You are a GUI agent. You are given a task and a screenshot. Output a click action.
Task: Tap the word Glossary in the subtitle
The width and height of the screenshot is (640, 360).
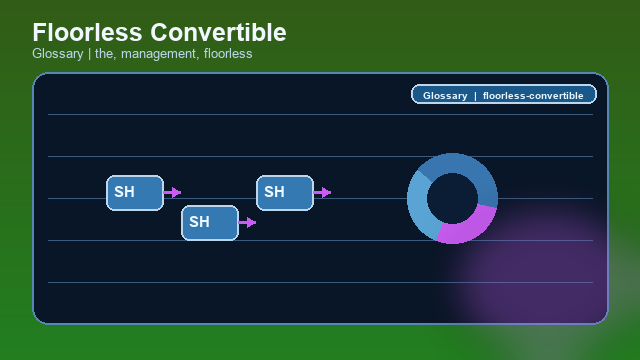pyautogui.click(x=58, y=54)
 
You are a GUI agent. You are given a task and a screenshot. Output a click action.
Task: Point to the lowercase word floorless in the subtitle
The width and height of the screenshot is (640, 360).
pyautogui.click(x=227, y=54)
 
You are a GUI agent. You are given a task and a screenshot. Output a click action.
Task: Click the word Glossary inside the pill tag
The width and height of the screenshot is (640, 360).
pyautogui.click(x=445, y=96)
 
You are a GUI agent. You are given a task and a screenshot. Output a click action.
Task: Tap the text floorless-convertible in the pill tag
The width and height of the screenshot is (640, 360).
pyautogui.click(x=533, y=96)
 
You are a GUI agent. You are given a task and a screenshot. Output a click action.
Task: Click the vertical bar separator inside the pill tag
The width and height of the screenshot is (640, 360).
pyautogui.click(x=475, y=96)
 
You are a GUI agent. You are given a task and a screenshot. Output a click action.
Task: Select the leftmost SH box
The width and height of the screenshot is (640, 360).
pyautogui.click(x=135, y=192)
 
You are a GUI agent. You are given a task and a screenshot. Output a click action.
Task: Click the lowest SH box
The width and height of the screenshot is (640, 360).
pyautogui.click(x=210, y=222)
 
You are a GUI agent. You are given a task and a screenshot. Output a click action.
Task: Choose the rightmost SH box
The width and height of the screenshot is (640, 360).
pyautogui.click(x=285, y=192)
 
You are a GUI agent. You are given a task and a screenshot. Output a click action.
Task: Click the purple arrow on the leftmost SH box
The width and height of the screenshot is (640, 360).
pyautogui.click(x=173, y=192)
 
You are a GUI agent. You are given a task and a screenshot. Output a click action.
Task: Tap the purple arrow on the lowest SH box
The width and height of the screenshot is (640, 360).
pyautogui.click(x=248, y=222)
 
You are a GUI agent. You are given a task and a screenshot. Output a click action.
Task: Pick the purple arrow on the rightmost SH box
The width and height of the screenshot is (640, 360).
pyautogui.click(x=323, y=192)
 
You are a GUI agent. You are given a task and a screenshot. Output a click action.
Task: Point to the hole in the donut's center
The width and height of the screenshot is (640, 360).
pyautogui.click(x=452, y=198)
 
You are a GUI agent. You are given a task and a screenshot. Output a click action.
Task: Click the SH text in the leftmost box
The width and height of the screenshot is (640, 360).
pyautogui.click(x=124, y=192)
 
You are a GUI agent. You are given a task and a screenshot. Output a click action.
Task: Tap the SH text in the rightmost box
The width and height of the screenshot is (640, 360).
pyautogui.click(x=274, y=192)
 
